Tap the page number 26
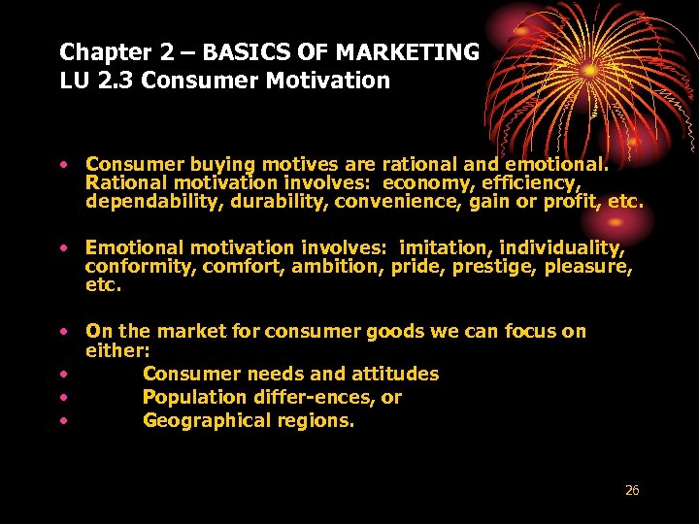coord(632,491)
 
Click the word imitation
coord(447,249)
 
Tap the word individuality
coord(562,249)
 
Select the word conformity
coord(140,268)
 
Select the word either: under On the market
coord(117,350)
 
